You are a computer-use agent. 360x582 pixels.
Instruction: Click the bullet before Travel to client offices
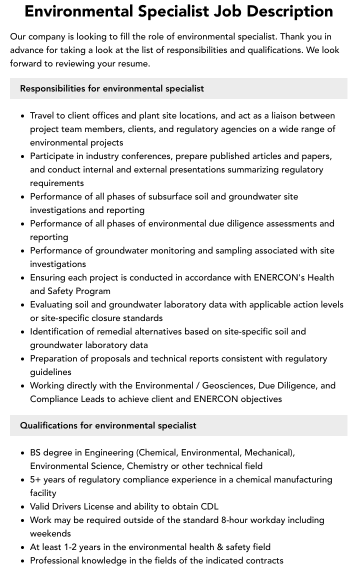click(22, 116)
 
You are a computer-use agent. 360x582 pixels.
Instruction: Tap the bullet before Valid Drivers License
click(22, 507)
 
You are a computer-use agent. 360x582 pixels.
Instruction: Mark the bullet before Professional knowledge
click(22, 561)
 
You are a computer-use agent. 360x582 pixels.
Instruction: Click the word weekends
click(50, 533)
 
